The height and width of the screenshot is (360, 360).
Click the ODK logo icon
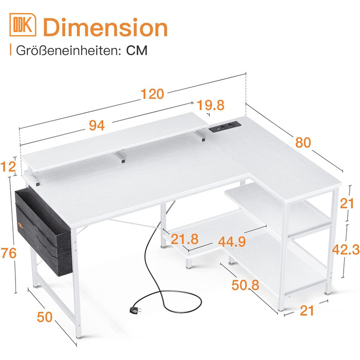pyautogui.click(x=23, y=25)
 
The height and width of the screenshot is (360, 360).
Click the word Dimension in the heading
pyautogui.click(x=105, y=28)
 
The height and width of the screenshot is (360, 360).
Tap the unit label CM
pyautogui.click(x=137, y=50)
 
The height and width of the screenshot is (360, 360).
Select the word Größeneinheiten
pyautogui.click(x=68, y=50)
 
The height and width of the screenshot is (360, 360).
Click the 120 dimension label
pyautogui.click(x=152, y=94)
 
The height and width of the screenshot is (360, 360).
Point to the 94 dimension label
pyautogui.click(x=97, y=125)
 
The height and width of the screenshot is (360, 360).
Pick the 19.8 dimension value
pyautogui.click(x=210, y=105)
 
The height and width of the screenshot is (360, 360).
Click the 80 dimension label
pyautogui.click(x=303, y=142)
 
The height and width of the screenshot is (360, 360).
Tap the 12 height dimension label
pyautogui.click(x=8, y=167)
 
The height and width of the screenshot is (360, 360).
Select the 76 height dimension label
pyautogui.click(x=9, y=253)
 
